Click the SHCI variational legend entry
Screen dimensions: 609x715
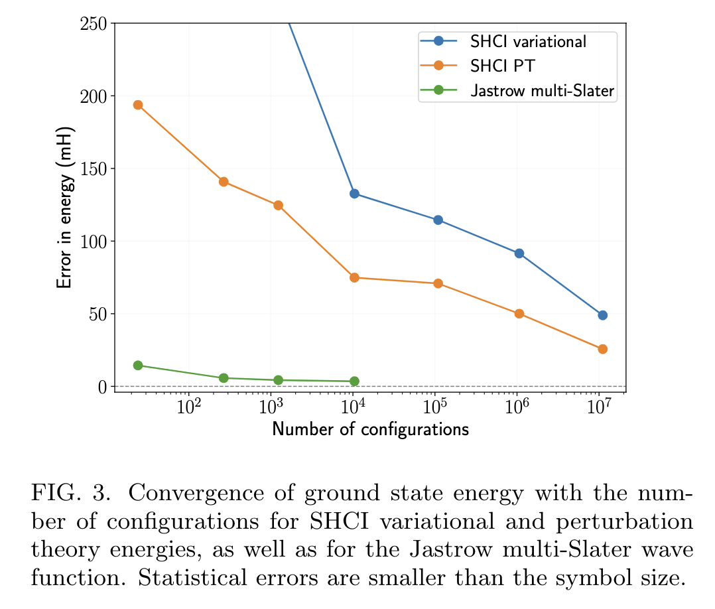(528, 41)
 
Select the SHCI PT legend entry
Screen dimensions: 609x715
(501, 66)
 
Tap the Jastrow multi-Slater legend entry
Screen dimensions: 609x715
(543, 90)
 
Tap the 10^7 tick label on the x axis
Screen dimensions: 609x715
(601, 406)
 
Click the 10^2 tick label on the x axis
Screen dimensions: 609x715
(190, 406)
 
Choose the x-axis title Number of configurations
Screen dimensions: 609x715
(370, 430)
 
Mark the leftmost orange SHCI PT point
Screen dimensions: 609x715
(138, 105)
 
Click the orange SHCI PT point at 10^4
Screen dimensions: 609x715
(354, 277)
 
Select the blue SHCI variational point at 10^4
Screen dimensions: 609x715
(354, 194)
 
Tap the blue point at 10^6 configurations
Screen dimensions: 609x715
(519, 253)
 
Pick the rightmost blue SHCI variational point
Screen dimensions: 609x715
(602, 315)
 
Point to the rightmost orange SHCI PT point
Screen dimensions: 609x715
(602, 349)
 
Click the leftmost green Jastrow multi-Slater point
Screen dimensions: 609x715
(138, 366)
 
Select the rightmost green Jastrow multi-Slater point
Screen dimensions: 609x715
(354, 381)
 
